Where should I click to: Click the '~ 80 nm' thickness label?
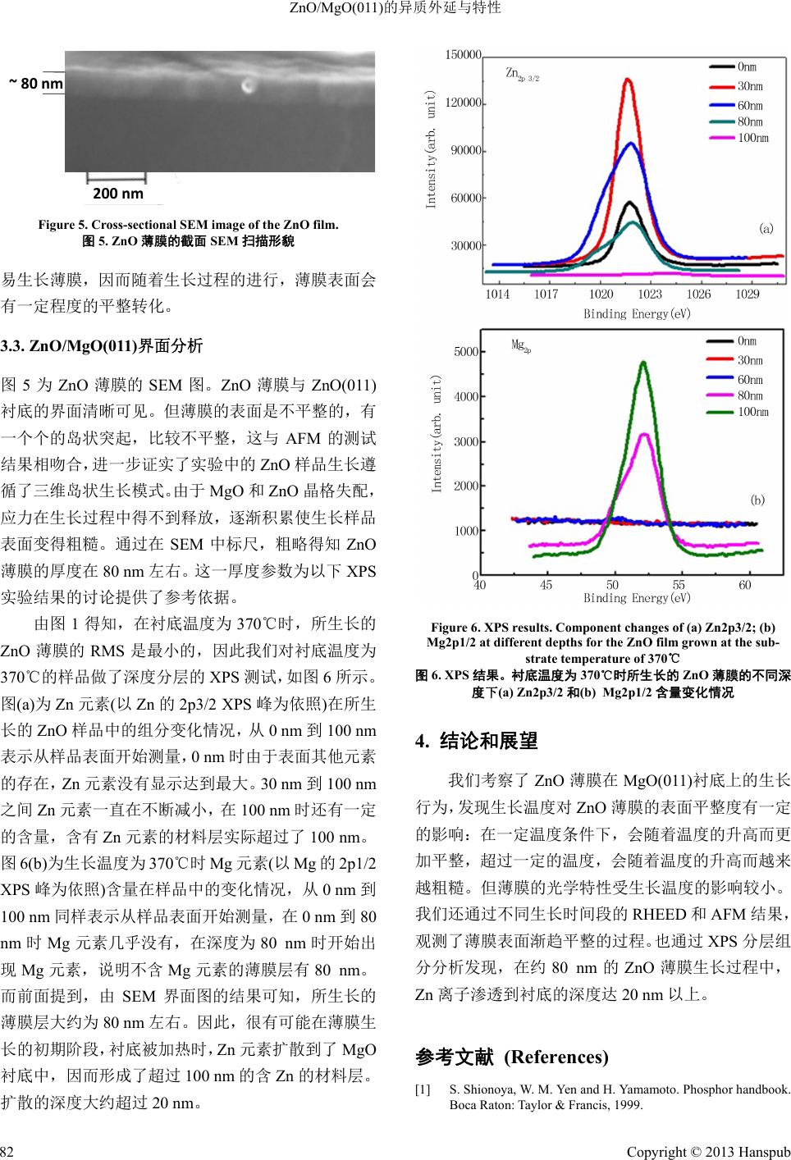(x=35, y=83)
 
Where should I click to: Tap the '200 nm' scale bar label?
(x=118, y=194)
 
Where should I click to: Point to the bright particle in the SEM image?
(x=248, y=85)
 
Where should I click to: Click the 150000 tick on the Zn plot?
(x=462, y=55)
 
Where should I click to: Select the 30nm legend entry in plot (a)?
(x=750, y=86)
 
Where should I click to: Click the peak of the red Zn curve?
(x=629, y=80)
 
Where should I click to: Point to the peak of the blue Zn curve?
(x=631, y=144)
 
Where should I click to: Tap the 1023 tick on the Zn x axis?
(x=650, y=294)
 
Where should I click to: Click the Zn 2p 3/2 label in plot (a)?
(x=522, y=75)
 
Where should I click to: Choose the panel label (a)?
(x=766, y=230)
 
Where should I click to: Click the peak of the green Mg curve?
(x=643, y=362)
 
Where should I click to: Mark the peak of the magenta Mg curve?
(x=646, y=435)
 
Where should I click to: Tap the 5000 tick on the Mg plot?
(x=465, y=352)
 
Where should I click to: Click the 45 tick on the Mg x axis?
(x=546, y=585)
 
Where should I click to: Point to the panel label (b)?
(x=757, y=499)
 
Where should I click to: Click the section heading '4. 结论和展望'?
(x=477, y=742)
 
